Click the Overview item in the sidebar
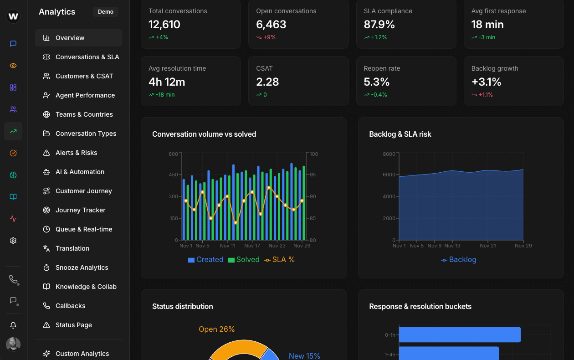tap(70, 38)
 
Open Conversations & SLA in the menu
tap(87, 57)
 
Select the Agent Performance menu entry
tap(85, 95)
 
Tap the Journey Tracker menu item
tap(80, 210)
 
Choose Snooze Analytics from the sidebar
tap(82, 267)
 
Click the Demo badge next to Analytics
tap(106, 12)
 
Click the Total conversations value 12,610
tap(164, 25)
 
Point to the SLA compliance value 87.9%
tap(379, 25)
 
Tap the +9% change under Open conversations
tap(269, 37)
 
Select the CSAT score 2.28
tap(267, 82)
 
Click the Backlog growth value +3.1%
tap(487, 82)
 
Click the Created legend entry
tap(205, 260)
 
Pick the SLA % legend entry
tap(280, 260)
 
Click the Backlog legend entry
tap(459, 260)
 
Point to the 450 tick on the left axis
tap(173, 175)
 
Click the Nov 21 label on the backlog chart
tap(487, 246)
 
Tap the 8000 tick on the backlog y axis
tap(389, 154)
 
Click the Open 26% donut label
tap(216, 329)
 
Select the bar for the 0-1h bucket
tap(459, 334)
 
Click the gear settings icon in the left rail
tap(13, 241)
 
